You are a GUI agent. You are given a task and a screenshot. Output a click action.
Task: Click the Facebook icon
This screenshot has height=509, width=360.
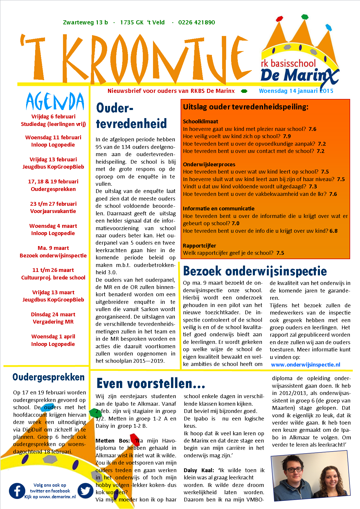point(17,491)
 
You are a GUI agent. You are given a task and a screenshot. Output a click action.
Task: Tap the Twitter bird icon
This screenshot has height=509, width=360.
point(85,491)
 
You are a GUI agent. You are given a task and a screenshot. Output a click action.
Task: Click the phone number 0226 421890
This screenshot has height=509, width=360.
point(197,22)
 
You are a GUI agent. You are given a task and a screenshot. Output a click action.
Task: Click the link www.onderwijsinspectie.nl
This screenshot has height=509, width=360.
point(305,365)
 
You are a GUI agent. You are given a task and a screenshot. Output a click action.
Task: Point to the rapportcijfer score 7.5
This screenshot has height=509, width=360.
point(280,253)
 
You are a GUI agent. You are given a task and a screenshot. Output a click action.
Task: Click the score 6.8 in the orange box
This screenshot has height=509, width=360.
point(334,231)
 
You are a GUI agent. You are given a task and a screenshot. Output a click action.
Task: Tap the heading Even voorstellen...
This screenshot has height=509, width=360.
point(151,383)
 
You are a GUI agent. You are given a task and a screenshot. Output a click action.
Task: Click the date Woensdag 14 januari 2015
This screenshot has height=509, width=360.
point(296,91)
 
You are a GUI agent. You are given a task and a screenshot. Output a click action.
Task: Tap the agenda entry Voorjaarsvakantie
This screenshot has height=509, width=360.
point(53,211)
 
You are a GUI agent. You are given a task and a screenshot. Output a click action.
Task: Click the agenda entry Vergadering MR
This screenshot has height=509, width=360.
point(53,322)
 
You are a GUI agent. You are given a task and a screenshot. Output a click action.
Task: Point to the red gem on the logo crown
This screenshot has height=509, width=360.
point(279,19)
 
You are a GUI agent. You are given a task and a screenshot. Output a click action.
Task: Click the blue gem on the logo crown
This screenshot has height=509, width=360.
point(328,28)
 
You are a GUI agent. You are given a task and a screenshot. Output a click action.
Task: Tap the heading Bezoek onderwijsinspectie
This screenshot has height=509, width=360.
point(255,271)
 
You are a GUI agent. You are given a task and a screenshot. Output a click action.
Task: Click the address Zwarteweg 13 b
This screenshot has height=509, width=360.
point(85,22)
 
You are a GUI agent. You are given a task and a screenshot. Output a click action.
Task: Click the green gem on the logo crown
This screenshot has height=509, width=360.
point(304,17)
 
